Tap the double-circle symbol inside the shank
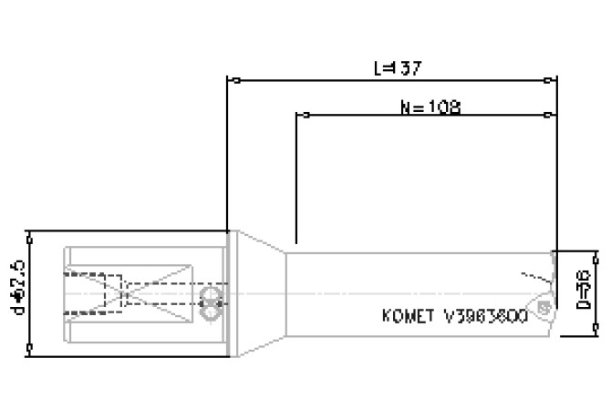point(212,301)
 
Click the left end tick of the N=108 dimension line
point(305,116)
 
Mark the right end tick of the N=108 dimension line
point(546,116)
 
